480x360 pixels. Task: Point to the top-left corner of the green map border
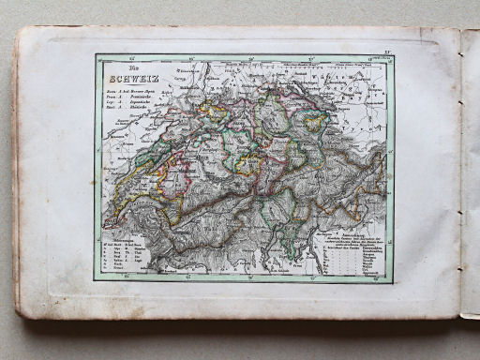(96, 55)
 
